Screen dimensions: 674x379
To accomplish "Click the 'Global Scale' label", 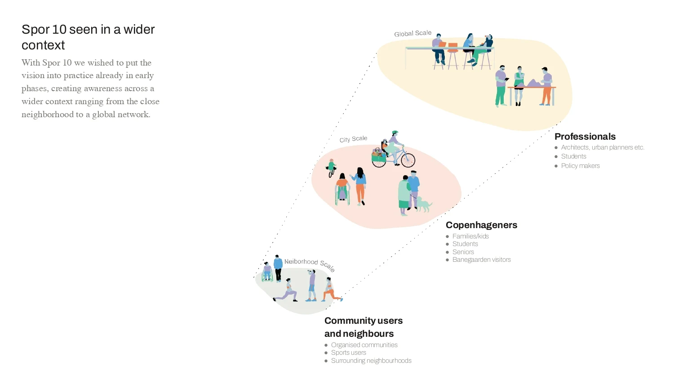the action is click(x=413, y=33).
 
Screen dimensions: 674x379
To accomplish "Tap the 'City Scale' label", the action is click(x=353, y=139).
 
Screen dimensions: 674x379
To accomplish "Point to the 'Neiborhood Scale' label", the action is click(x=310, y=264).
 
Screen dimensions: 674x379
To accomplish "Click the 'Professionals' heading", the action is click(x=585, y=137).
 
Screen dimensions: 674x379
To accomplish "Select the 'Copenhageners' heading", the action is click(x=481, y=225).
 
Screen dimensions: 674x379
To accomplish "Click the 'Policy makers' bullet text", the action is click(x=581, y=166).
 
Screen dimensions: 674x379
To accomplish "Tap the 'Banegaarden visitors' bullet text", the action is click(x=481, y=260).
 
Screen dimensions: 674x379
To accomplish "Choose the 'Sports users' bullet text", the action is click(x=348, y=353).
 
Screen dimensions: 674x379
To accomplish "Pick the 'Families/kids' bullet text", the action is click(x=470, y=236).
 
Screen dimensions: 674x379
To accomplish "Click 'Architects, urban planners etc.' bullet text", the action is click(x=603, y=147).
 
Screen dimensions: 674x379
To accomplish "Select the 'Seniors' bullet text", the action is click(x=463, y=252).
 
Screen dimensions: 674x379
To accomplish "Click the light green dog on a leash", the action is click(x=424, y=204).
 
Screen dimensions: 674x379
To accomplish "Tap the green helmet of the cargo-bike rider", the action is click(x=395, y=132).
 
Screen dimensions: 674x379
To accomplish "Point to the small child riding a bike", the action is click(x=331, y=168).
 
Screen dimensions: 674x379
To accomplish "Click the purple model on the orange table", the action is click(x=533, y=83).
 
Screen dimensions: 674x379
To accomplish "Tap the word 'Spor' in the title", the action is click(x=35, y=30).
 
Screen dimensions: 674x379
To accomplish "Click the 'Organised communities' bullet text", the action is click(x=364, y=345).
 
